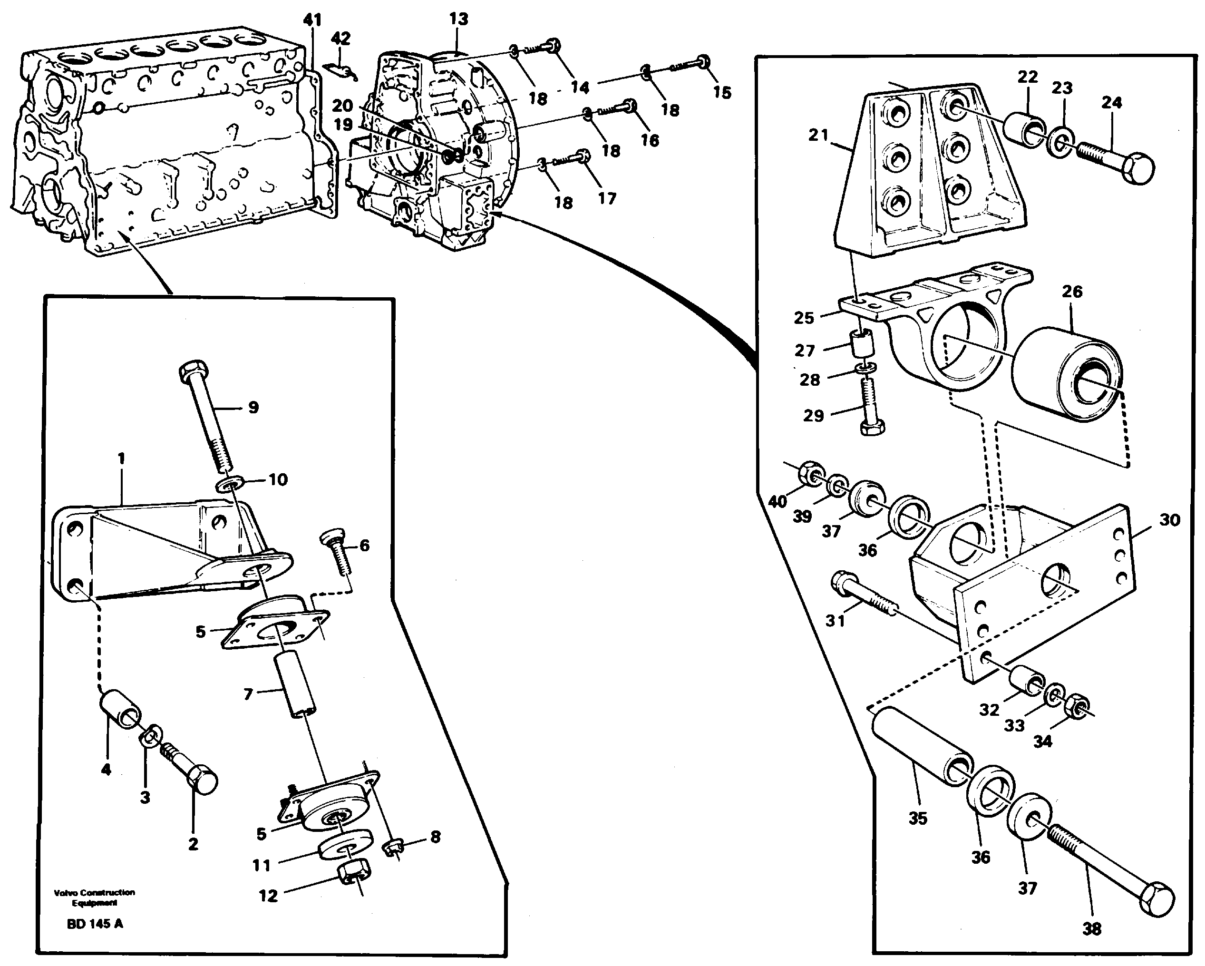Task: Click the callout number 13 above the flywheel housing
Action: (x=458, y=19)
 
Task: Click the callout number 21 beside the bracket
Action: (x=819, y=135)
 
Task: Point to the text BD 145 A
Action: (x=95, y=924)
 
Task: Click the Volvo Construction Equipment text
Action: (x=95, y=897)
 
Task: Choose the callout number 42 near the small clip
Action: (x=340, y=39)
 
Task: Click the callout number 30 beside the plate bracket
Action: (x=1169, y=520)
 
